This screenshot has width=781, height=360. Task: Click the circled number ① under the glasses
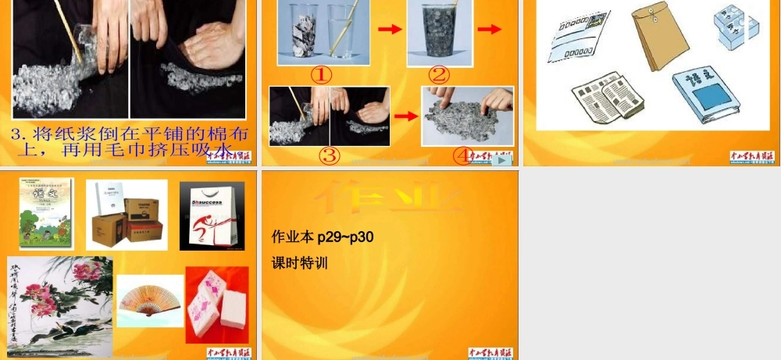pos(322,75)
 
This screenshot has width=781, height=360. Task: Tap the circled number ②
pos(439,75)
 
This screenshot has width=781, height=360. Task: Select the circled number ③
pos(330,155)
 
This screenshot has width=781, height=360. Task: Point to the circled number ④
pos(463,155)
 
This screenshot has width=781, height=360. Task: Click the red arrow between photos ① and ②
pos(390,30)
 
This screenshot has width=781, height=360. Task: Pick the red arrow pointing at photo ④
pos(405,116)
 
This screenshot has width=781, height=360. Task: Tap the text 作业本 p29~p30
pos(322,236)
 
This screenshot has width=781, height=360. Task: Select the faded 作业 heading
pos(388,198)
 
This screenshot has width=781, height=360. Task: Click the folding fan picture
pos(150,300)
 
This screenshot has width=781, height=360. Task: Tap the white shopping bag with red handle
pos(212,216)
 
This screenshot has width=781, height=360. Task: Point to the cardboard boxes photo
pos(127,215)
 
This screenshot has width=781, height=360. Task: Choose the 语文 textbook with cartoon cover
pos(46,213)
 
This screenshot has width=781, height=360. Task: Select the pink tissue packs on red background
pos(216,305)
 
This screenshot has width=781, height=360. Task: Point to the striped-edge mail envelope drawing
pos(579,38)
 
